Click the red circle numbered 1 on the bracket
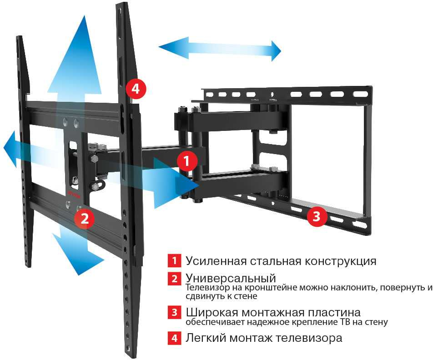tap(187, 160)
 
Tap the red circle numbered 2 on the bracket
tap(85, 219)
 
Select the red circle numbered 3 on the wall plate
tap(317, 216)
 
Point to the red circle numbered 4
tap(136, 89)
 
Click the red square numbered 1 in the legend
tap(174, 261)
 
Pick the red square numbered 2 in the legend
tap(174, 278)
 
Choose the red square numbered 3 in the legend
tap(174, 313)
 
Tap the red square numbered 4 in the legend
tap(174, 338)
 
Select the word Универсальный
tap(231, 278)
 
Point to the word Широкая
tap(209, 313)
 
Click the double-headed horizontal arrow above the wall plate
tap(220, 50)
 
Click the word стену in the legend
tap(377, 322)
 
